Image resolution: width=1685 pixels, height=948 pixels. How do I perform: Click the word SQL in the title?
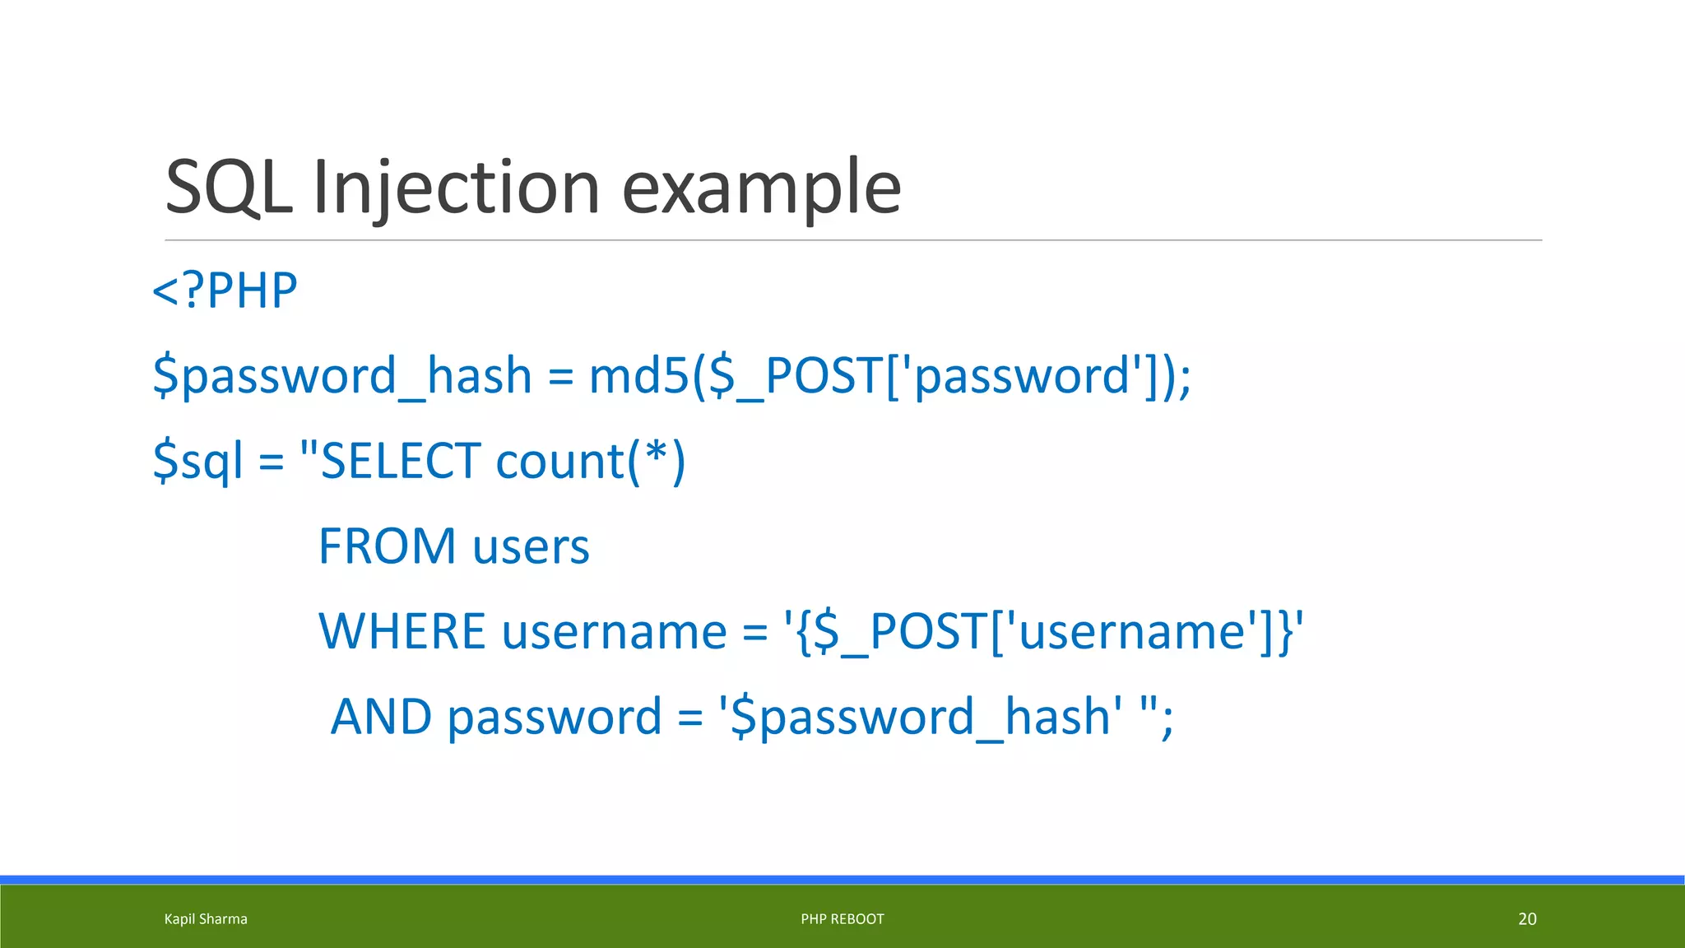pos(229,188)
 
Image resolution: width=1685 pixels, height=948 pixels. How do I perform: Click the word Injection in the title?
pos(456,188)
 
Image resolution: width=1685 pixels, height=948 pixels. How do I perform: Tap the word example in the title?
pos(761,188)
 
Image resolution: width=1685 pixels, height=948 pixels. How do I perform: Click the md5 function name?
pos(638,375)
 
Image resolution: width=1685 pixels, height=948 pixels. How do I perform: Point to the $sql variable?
pos(198,461)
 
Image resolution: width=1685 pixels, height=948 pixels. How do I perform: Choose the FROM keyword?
pos(387,546)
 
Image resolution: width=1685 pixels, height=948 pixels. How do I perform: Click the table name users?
pos(531,546)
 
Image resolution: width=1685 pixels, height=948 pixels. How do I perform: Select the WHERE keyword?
pos(402,631)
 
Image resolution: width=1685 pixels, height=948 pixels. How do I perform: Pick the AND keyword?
pos(381,716)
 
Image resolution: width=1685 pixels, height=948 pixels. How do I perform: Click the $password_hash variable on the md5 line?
pos(342,375)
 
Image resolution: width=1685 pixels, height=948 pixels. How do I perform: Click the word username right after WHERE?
pos(614,631)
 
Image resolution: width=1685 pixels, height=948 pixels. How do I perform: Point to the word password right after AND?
pos(555,716)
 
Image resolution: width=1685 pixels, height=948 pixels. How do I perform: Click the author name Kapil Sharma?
pos(206,919)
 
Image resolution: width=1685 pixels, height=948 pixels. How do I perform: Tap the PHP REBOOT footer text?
pos(842,919)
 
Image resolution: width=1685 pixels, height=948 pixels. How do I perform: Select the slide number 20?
pos(1527,919)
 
